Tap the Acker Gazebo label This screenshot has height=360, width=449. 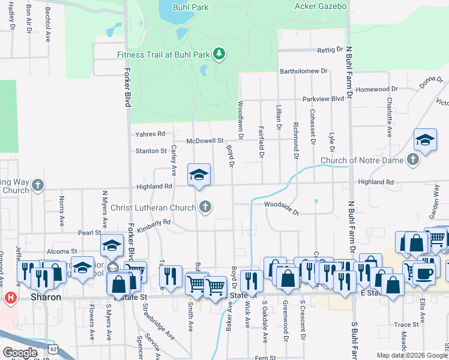(x=321, y=7)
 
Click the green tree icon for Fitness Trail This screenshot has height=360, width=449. (x=220, y=55)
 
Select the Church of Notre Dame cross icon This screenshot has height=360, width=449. (x=412, y=160)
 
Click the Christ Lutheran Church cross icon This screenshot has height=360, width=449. (x=205, y=208)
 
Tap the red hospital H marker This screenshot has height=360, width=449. (x=10, y=297)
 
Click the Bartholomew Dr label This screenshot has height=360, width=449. (x=304, y=71)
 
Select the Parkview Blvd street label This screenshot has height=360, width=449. (x=323, y=98)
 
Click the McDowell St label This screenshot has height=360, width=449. (x=205, y=141)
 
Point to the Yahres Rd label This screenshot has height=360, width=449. (x=150, y=134)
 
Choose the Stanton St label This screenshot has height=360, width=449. (x=151, y=151)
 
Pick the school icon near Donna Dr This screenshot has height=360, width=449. (x=425, y=140)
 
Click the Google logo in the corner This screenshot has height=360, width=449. (x=20, y=353)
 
